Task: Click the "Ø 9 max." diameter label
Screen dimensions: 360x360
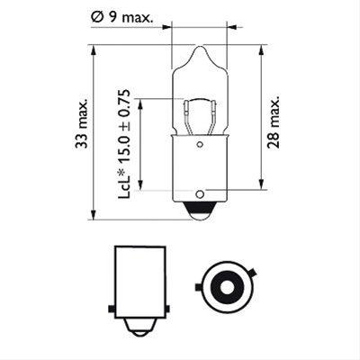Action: [121, 18]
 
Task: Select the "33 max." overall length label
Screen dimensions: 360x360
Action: [81, 123]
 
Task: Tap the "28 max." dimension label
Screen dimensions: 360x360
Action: [274, 122]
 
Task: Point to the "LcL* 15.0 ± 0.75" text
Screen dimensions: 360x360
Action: [124, 144]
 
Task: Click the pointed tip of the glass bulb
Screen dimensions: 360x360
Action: [200, 46]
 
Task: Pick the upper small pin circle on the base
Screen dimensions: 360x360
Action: [200, 145]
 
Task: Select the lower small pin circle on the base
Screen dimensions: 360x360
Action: [200, 194]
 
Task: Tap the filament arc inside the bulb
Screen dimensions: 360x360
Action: [200, 101]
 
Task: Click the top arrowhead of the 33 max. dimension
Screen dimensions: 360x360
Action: [94, 50]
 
